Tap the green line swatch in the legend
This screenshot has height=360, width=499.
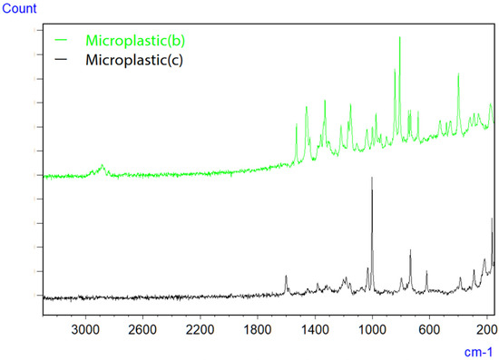62,41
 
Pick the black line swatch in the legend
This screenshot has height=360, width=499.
62,61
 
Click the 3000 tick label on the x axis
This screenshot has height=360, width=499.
85,325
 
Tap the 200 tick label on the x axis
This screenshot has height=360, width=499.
485,325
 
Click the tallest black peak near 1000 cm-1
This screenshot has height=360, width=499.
372,179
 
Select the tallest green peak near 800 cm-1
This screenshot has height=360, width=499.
399,38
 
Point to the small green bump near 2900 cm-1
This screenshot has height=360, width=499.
103,166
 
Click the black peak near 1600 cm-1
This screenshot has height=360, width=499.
286,276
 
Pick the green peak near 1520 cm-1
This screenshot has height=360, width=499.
297,126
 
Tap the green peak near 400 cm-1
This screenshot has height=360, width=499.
458,74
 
